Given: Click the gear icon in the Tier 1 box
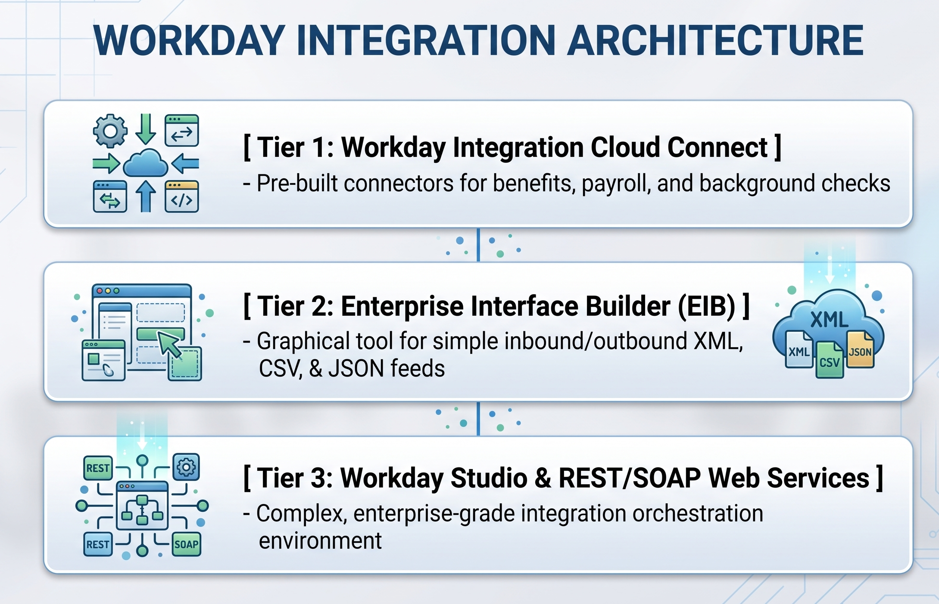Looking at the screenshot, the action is [x=110, y=131].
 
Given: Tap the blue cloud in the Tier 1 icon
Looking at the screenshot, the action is [x=146, y=163].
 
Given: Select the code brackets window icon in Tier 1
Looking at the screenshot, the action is [x=182, y=196].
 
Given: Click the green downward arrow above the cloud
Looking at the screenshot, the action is [x=146, y=129].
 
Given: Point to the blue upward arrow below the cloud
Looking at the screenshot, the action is [x=146, y=196].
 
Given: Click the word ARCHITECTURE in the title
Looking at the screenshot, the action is [x=715, y=40].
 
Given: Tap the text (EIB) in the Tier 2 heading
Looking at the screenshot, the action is [x=707, y=306].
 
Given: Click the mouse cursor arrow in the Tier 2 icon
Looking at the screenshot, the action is [x=170, y=344].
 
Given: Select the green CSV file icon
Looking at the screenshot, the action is [x=830, y=360].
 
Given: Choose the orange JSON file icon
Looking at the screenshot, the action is [x=860, y=349].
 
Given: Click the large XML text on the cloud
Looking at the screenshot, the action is [x=830, y=320].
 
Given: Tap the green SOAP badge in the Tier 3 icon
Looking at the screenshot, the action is [x=186, y=544].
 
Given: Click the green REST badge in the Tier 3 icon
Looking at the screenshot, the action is [x=98, y=468].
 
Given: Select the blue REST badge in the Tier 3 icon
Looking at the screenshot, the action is [x=98, y=544].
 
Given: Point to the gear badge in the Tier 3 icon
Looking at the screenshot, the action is [x=186, y=467].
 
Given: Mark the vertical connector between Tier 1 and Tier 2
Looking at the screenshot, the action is [x=478, y=245].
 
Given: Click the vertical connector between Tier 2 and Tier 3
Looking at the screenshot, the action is [x=478, y=419].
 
